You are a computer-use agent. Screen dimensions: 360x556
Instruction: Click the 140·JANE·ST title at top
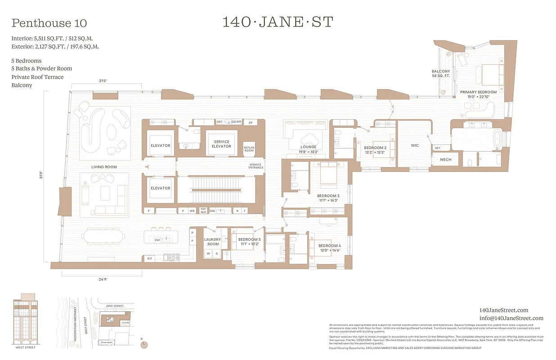278,22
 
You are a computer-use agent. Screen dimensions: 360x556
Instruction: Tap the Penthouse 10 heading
49,23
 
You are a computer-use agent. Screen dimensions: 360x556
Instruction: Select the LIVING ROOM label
104,167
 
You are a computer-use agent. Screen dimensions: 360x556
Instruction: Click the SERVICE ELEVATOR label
221,144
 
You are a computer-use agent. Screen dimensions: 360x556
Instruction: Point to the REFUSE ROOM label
249,149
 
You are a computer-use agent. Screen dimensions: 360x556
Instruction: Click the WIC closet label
415,145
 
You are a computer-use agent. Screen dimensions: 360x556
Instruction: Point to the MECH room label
445,159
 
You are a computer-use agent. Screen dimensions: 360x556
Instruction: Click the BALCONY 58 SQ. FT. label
441,74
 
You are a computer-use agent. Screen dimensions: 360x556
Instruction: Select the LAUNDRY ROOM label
213,242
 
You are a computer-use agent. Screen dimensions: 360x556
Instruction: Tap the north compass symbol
144,344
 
